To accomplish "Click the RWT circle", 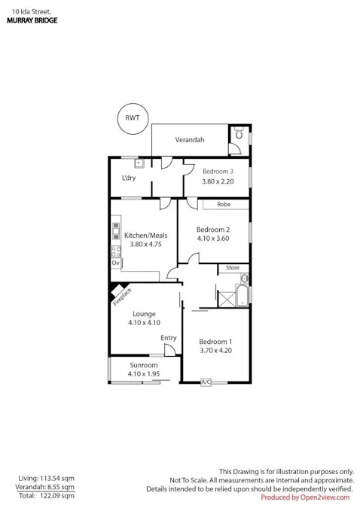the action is coord(133,104).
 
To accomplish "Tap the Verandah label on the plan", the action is coord(190,140).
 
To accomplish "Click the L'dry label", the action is coord(129,178).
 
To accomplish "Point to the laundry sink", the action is coord(139,163).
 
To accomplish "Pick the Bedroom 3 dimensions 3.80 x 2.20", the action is coord(218,181).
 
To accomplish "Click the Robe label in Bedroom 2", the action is coord(224,205).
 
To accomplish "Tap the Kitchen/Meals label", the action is coord(146,236).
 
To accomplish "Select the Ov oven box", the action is coord(116,263).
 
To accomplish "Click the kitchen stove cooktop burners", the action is coord(116,251).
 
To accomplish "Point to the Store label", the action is coord(233,268).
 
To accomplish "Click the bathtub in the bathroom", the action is coord(242,296).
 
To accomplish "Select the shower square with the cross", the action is coord(227,300).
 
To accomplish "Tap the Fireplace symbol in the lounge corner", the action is coord(117,290).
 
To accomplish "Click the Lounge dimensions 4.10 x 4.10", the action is coord(144,323).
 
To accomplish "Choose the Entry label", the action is coord(169,338).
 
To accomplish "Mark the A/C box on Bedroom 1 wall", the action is coord(206,382).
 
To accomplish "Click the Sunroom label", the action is coord(144,365).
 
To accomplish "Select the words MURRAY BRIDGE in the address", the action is coord(32,20).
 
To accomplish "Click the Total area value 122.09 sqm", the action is coord(57,496).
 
